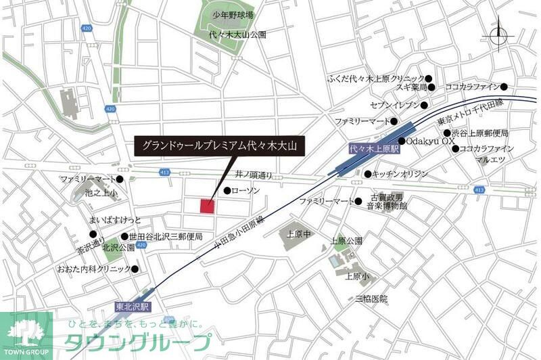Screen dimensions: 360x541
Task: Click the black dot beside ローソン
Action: [227, 191]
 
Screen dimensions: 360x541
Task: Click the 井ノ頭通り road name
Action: [254, 174]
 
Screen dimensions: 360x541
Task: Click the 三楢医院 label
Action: [370, 298]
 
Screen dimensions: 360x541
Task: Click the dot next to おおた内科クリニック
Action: [135, 269]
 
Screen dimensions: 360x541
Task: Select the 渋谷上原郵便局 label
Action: [480, 134]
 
